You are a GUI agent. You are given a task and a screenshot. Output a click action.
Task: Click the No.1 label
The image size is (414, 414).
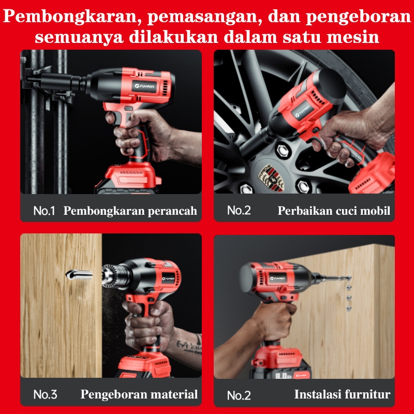pos(44,211)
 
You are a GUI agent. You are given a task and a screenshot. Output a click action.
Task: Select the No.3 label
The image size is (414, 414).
pos(45,394)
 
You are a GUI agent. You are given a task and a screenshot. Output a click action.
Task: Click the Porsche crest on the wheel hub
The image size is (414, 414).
pos(271,178)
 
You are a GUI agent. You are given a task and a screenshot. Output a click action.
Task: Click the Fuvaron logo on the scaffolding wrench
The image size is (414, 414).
pos(145,86)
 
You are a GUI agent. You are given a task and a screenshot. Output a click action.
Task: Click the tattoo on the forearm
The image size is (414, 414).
pos(189,344)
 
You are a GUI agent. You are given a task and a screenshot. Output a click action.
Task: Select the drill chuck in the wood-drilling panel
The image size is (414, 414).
pos(114,276)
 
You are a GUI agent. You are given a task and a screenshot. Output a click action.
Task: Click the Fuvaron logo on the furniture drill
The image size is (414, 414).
pos(277,278)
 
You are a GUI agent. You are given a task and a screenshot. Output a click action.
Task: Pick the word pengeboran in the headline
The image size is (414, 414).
pos(359,17)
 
